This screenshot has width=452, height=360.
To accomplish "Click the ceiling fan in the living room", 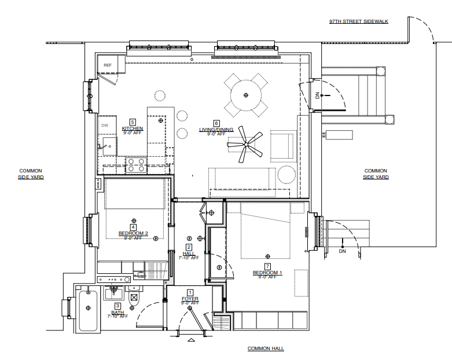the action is (249, 145).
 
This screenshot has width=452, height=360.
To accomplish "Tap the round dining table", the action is (247, 94).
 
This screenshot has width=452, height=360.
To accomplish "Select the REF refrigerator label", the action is (108, 65).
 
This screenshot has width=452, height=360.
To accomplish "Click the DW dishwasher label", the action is (105, 126).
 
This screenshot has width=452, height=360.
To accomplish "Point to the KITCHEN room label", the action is (133, 128).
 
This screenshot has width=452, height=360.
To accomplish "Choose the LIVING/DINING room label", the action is (216, 130).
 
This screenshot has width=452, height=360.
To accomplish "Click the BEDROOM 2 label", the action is (134, 234).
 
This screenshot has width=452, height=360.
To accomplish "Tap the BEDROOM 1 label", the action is (267, 273).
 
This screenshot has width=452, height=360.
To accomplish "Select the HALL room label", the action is (189, 254).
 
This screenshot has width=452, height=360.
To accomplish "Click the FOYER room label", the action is (190, 299).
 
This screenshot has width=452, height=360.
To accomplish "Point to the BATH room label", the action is (117, 312).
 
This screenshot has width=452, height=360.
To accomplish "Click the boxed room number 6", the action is (216, 123).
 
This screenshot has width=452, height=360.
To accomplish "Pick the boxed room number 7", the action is (267, 266).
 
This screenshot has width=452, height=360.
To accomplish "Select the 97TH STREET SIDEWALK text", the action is (359, 21).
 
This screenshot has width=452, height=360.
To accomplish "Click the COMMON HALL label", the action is (266, 348).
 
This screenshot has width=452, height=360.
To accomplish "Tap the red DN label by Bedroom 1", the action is (342, 251).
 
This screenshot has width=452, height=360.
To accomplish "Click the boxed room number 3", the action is (117, 306).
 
